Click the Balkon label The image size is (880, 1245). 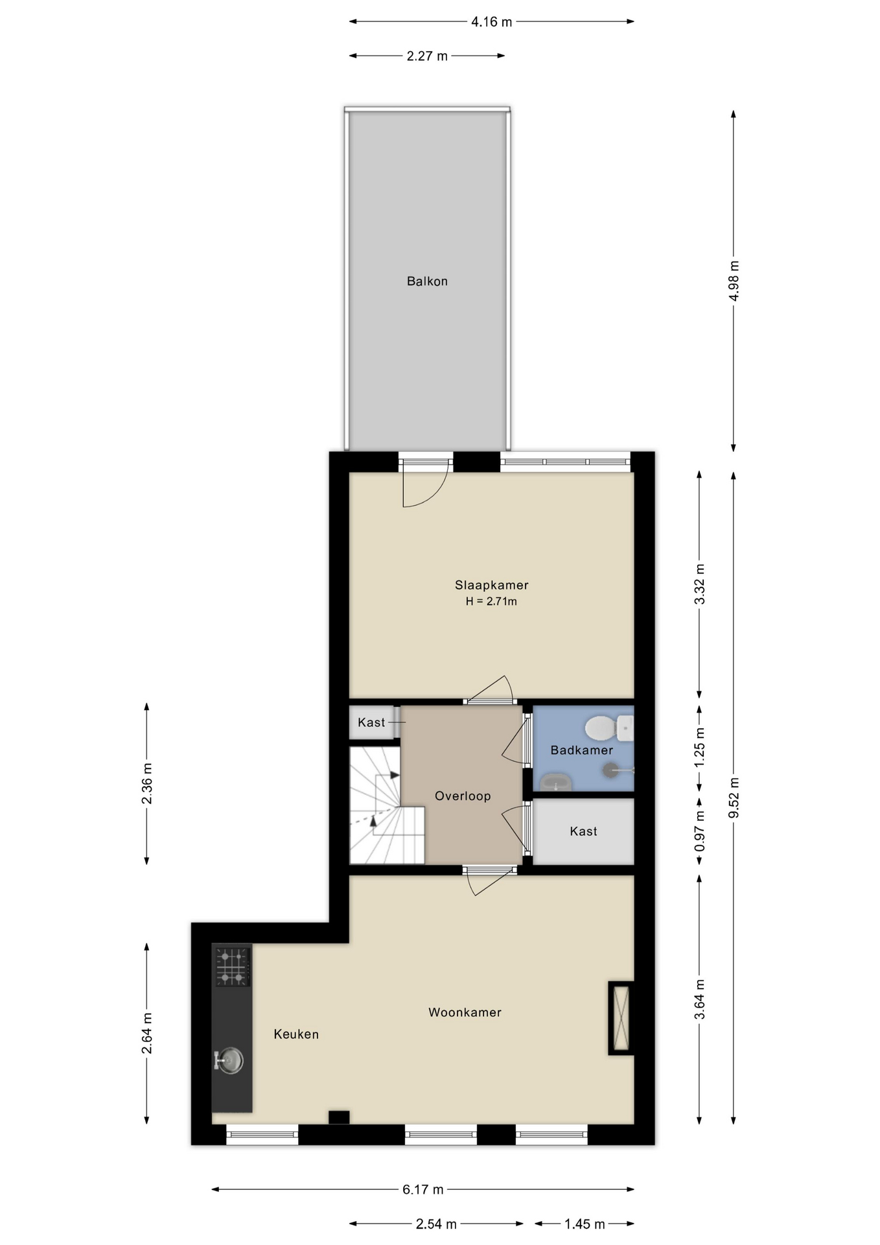click(x=427, y=281)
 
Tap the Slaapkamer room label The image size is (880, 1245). click(x=491, y=585)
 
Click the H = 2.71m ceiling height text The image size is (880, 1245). click(x=491, y=602)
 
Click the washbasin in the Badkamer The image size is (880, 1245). click(x=556, y=783)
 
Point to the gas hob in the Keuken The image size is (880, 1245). click(x=232, y=967)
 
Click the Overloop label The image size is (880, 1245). click(x=463, y=796)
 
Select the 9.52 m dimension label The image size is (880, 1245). click(x=734, y=798)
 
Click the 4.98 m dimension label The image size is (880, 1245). click(x=734, y=281)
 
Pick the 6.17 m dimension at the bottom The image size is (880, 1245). click(x=423, y=1190)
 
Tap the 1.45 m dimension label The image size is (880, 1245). click(x=584, y=1224)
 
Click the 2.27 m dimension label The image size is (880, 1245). click(x=427, y=56)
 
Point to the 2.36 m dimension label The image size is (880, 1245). click(x=147, y=783)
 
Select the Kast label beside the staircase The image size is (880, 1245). click(x=371, y=722)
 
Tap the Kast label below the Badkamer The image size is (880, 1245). click(x=583, y=831)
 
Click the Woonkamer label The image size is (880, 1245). click(x=465, y=1012)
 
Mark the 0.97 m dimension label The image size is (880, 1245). click(x=700, y=832)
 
